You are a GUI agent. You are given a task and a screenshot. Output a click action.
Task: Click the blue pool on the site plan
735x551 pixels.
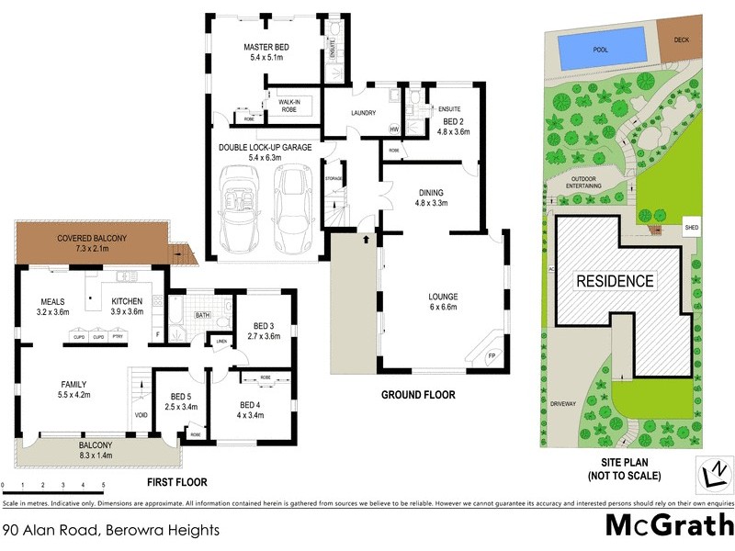(601, 48)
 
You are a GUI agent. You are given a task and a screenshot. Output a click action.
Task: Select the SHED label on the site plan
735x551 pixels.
(692, 227)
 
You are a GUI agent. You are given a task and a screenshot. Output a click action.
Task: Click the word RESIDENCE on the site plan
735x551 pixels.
(615, 282)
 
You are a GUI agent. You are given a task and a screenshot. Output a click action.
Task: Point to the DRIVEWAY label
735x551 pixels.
(562, 402)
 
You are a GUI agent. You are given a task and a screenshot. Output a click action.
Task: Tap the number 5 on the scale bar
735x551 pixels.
(103, 484)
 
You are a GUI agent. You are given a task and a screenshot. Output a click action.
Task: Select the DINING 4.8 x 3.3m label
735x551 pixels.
(431, 197)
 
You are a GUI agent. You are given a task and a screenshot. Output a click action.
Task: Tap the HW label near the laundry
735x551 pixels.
(394, 129)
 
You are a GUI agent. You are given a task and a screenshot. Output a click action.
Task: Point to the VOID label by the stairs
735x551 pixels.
(141, 413)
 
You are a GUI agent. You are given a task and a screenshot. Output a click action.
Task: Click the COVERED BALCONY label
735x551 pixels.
(91, 243)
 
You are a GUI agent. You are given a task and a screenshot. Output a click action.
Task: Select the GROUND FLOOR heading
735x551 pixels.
(418, 396)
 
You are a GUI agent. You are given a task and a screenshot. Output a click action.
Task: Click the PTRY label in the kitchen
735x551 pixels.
(118, 337)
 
